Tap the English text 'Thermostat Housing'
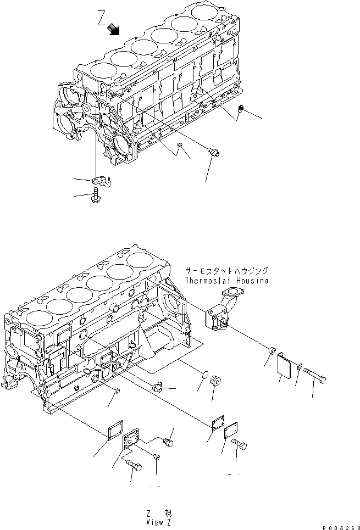pos(226,281)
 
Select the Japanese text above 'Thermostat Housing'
pos(226,271)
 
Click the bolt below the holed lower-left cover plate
pos(134,466)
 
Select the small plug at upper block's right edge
pos(240,111)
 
